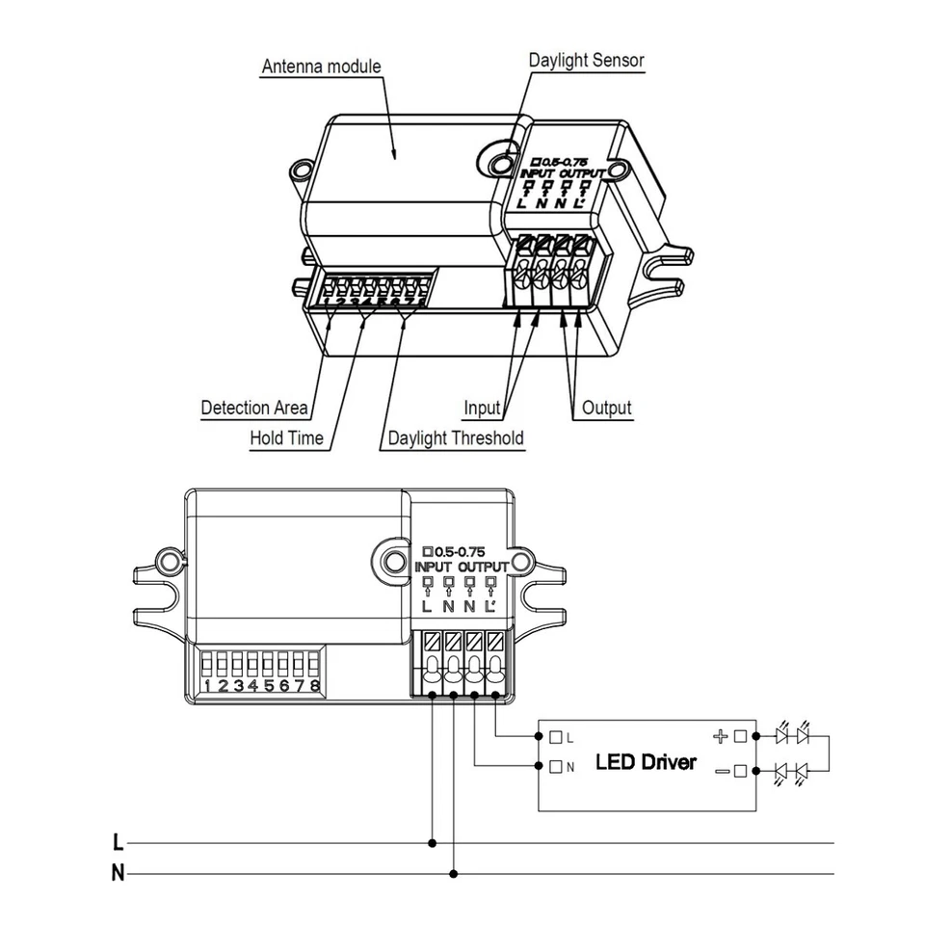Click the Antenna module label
(322, 66)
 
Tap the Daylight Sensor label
(586, 60)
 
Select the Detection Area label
(254, 408)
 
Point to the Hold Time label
(287, 438)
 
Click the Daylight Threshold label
(456, 438)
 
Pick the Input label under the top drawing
(482, 409)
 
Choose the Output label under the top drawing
(607, 409)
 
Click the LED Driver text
(646, 762)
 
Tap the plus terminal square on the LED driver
(740, 737)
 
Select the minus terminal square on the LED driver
(740, 771)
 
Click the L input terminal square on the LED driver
(556, 737)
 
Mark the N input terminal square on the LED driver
(556, 768)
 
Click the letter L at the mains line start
(118, 843)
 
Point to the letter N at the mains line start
(118, 874)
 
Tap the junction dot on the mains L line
(433, 843)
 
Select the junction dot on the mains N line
(454, 874)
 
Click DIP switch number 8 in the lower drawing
(313, 666)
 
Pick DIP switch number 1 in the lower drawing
(206, 666)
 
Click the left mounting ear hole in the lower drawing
(169, 559)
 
